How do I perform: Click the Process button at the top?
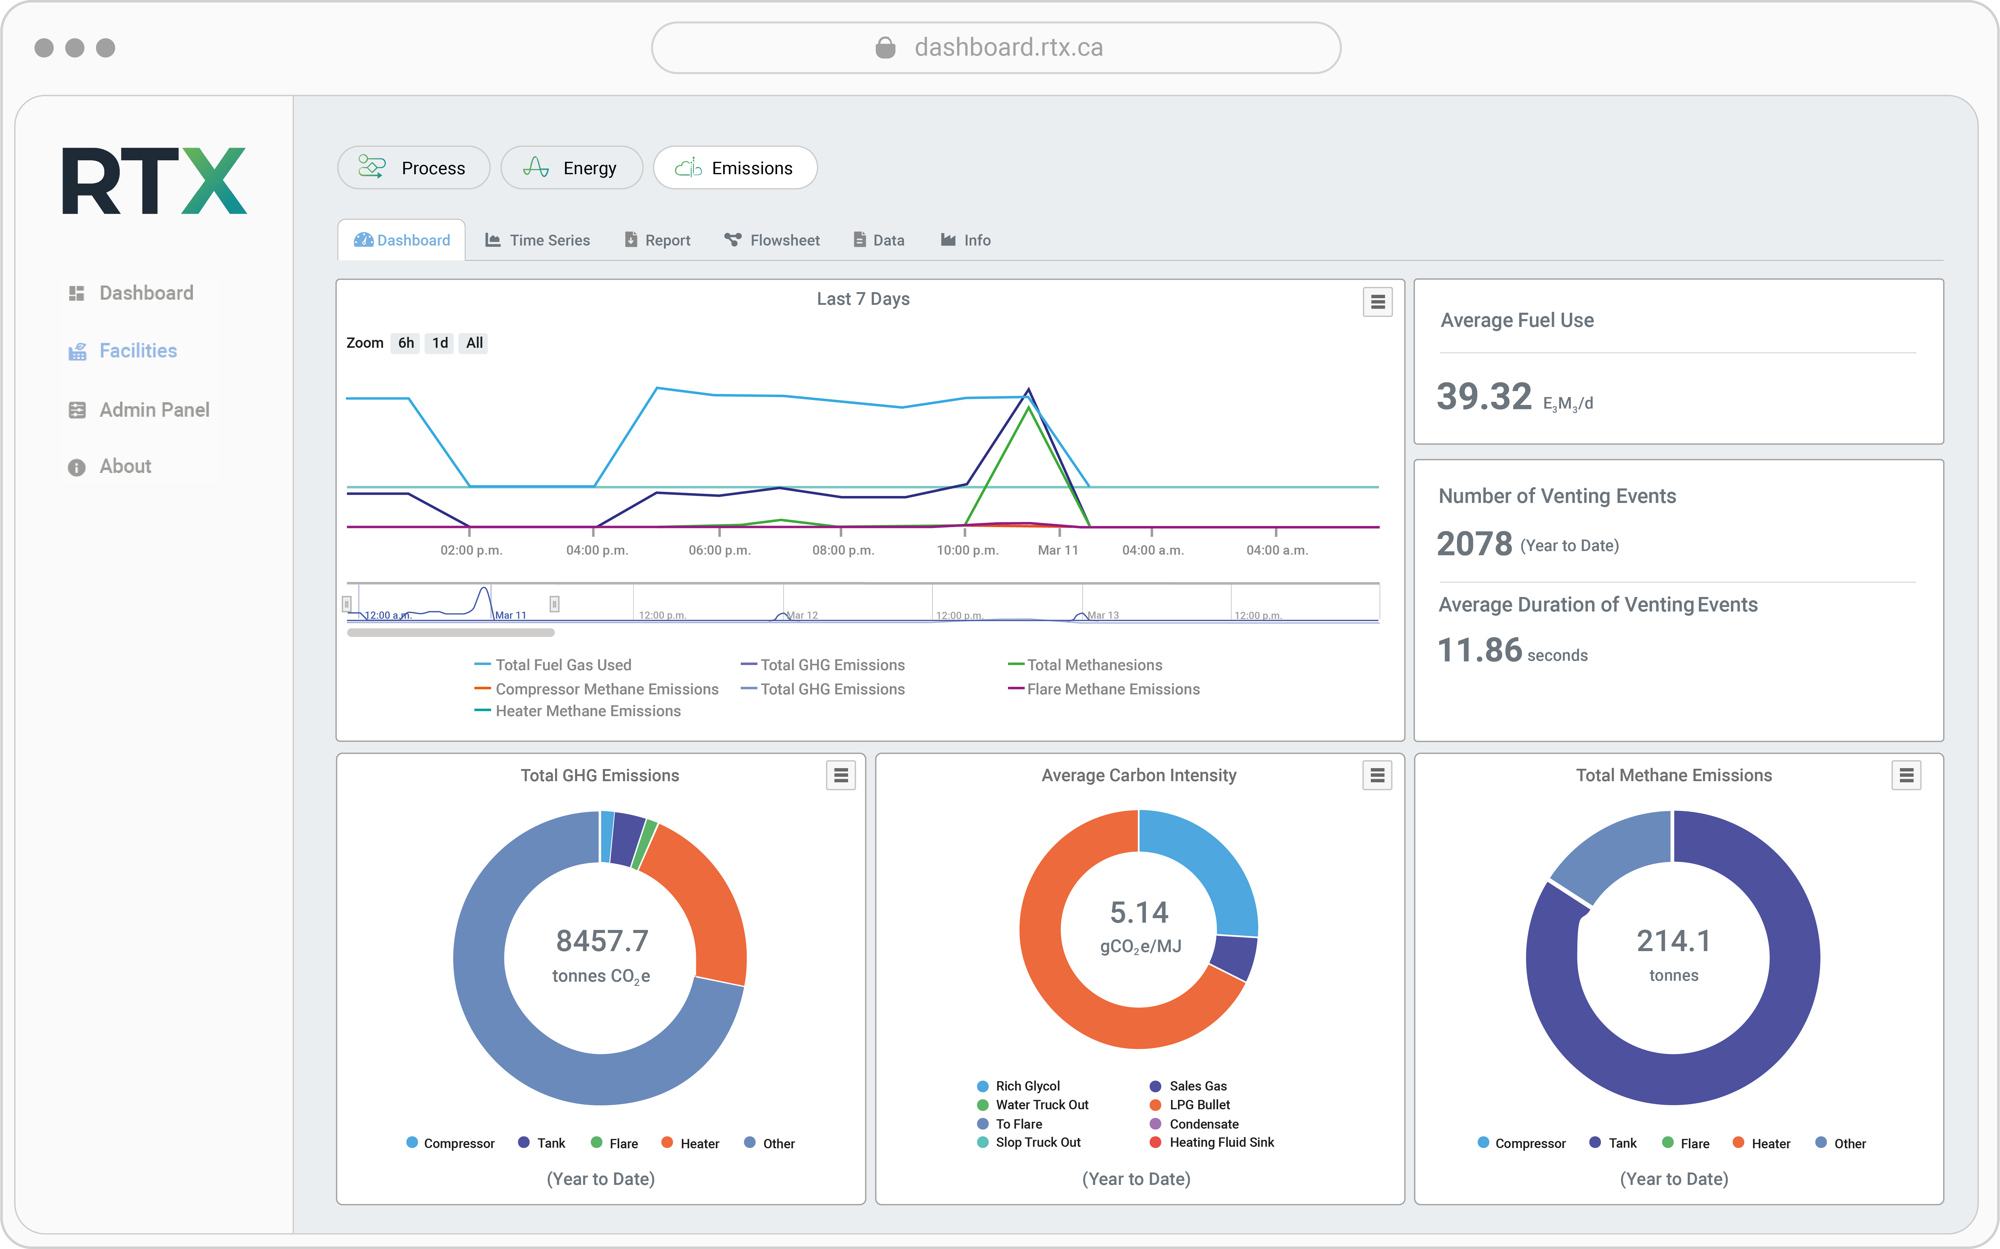click(413, 168)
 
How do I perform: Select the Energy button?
click(571, 168)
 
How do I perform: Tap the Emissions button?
click(735, 168)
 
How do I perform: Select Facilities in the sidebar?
click(137, 351)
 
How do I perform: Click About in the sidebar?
click(125, 467)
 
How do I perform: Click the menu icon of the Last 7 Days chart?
click(1377, 302)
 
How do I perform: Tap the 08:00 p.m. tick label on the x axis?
click(842, 550)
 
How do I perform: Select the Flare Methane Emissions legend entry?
click(1112, 689)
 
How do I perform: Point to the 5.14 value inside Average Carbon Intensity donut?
click(1139, 913)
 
